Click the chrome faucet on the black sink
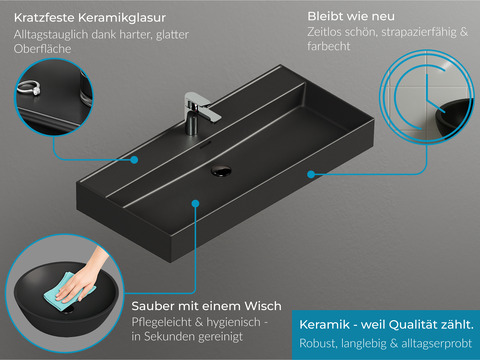pyautogui.click(x=199, y=113)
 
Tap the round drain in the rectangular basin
pyautogui.click(x=221, y=170)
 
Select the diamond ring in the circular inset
pyautogui.click(x=29, y=88)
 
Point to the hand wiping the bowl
pyautogui.click(x=83, y=277)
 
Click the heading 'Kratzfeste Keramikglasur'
pyautogui.click(x=90, y=18)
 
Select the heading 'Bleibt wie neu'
pyautogui.click(x=351, y=16)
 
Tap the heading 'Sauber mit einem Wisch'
pyautogui.click(x=206, y=306)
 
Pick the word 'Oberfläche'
pyautogui.click(x=42, y=49)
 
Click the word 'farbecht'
pyautogui.click(x=329, y=46)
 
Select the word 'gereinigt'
pyautogui.click(x=220, y=337)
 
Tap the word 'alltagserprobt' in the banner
pyautogui.click(x=437, y=343)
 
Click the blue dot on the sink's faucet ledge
pyautogui.click(x=134, y=160)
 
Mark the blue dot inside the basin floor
pyautogui.click(x=196, y=203)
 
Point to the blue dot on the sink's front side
pyautogui.click(x=311, y=174)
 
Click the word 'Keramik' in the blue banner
pyautogui.click(x=325, y=324)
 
